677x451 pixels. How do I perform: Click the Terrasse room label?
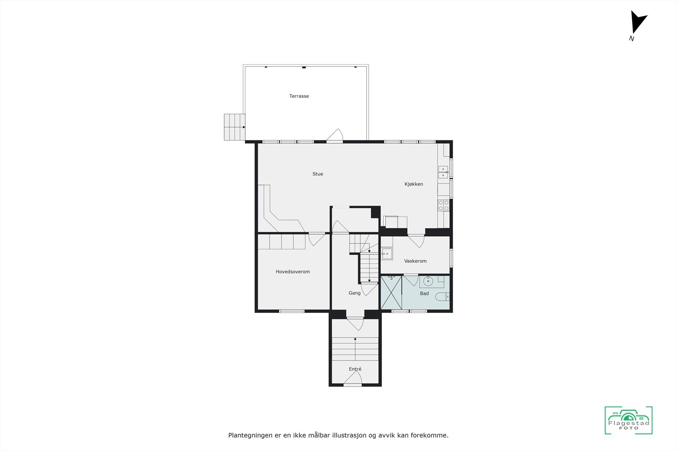tap(299, 96)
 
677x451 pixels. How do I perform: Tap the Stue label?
tap(318, 174)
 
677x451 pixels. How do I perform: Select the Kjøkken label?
tap(413, 184)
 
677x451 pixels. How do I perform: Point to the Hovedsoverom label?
tap(293, 272)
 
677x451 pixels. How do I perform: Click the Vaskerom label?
tap(415, 261)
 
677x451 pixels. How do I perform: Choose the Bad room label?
tap(424, 294)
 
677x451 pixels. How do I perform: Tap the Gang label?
tap(354, 293)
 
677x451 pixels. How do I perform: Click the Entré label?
tap(355, 369)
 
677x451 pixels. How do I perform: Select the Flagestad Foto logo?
tap(628, 420)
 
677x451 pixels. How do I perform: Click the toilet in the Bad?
tap(443, 296)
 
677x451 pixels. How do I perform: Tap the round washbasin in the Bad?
tap(428, 281)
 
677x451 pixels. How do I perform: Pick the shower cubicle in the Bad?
tap(391, 292)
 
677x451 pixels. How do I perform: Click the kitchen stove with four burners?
tap(443, 205)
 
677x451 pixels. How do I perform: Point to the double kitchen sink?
tap(443, 172)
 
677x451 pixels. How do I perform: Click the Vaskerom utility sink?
tap(387, 254)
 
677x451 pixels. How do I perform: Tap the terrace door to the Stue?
tap(335, 136)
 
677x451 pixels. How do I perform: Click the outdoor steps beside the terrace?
tap(234, 127)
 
